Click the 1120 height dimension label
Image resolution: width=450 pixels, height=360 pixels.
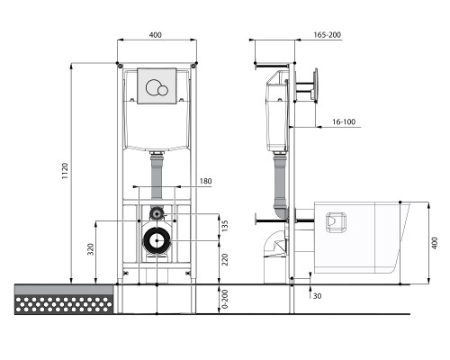tap(65, 171)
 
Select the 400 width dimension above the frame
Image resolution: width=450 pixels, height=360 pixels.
tap(155, 35)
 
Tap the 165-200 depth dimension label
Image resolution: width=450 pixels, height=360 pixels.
tap(328, 35)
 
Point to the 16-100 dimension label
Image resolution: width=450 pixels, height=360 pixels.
tap(344, 121)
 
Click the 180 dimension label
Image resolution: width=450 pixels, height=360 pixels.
tap(205, 181)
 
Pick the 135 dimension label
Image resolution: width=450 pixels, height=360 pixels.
tap(225, 226)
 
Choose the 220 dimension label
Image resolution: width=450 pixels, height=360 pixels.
tap(225, 260)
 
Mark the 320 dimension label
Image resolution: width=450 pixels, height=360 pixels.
tap(91, 249)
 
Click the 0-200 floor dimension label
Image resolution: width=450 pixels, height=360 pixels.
tap(225, 299)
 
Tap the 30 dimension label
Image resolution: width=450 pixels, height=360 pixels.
tap(317, 296)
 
